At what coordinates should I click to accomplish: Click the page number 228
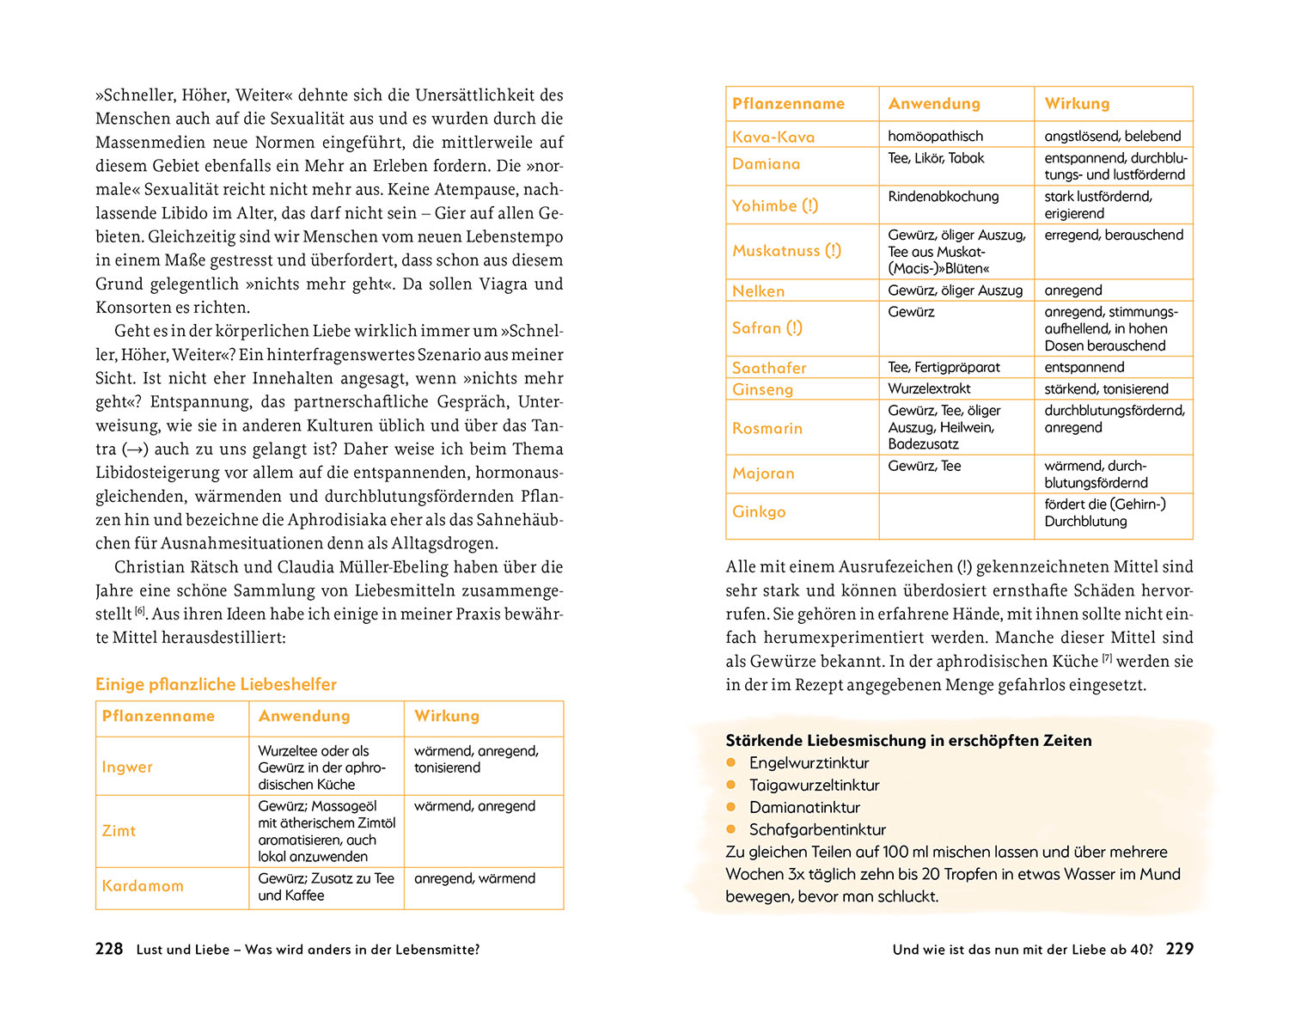tap(109, 949)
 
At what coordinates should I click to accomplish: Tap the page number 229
tap(1179, 949)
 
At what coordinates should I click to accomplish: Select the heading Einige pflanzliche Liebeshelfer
tap(216, 684)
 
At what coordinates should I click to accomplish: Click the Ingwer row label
tap(127, 767)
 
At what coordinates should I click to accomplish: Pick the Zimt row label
tap(119, 830)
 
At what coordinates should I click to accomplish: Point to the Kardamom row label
tap(143, 885)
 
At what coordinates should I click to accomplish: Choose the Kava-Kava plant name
tap(773, 137)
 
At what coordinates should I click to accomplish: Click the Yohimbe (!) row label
tap(775, 205)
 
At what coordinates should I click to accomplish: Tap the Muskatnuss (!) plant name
tap(786, 250)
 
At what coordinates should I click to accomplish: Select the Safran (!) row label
tap(767, 327)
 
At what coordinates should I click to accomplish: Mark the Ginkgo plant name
tap(759, 511)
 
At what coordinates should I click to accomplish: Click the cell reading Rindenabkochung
tap(944, 196)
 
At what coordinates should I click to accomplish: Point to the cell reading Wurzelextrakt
tap(929, 388)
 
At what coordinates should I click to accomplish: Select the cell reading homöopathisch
tap(935, 136)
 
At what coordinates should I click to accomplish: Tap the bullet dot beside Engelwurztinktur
tap(732, 762)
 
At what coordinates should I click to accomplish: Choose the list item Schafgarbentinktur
tap(817, 829)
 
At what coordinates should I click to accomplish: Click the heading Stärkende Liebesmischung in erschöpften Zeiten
tap(908, 740)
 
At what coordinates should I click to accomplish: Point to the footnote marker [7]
tap(1107, 658)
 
